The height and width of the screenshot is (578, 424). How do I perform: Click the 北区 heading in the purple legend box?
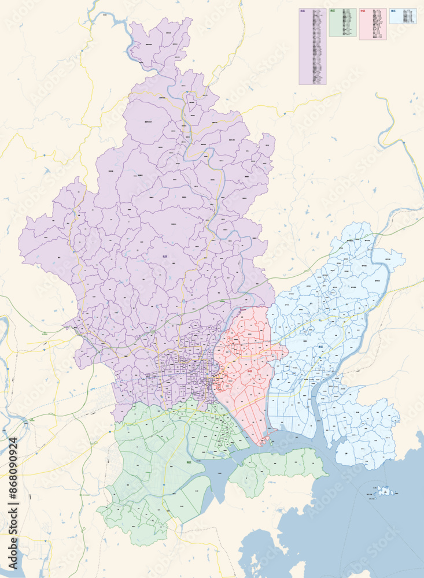click(x=303, y=10)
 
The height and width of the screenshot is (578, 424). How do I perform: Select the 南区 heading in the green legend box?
click(x=333, y=10)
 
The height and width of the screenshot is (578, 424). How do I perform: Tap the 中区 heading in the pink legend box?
click(x=363, y=10)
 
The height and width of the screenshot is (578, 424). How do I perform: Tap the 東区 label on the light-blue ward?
click(x=320, y=347)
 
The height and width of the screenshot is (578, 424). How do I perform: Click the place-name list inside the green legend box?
click(x=342, y=23)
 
